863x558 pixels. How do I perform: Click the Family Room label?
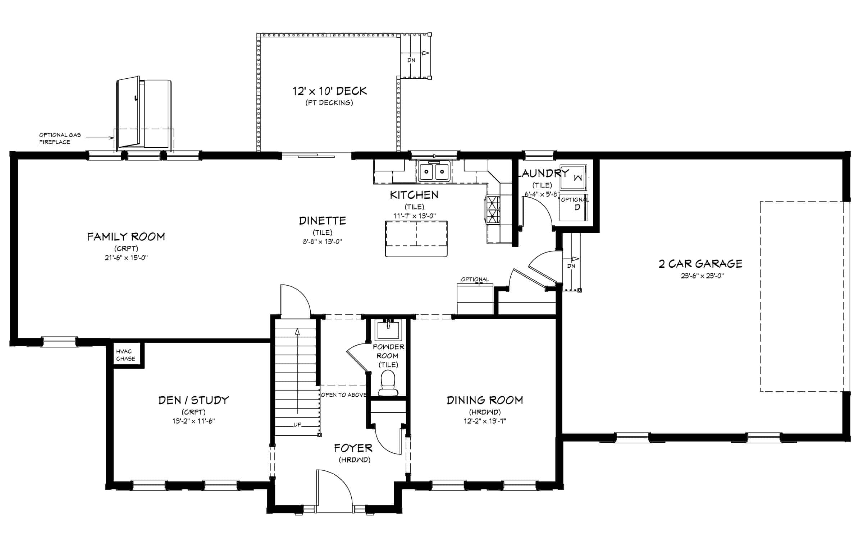126,237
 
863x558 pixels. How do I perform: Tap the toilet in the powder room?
388,383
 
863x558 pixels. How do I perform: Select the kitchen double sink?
434,171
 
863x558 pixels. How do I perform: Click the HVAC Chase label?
126,355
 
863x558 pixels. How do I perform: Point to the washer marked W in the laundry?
573,177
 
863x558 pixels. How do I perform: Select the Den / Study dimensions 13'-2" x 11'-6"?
193,421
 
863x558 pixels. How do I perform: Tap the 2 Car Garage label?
700,263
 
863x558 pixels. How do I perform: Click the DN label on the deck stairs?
411,60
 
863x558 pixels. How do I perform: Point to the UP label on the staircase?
297,424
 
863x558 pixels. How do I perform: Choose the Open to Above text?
343,395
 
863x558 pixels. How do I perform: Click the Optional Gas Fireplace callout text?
60,138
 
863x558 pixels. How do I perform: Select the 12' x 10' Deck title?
330,91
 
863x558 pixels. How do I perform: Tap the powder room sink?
388,330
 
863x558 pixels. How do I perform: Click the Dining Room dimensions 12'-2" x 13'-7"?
485,421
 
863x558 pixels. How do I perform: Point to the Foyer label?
353,448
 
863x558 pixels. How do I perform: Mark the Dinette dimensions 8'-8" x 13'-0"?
322,242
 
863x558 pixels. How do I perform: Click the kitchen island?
416,239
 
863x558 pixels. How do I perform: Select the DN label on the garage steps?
571,266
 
